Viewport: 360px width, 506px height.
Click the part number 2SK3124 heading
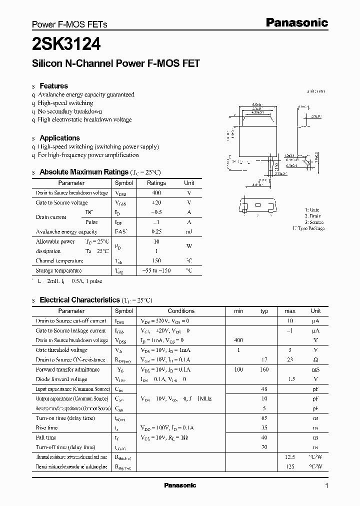click(66, 44)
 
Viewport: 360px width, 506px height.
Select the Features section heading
click(53, 85)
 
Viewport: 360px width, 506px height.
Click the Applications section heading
click(59, 138)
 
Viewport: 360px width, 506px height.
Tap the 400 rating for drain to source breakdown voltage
click(156, 193)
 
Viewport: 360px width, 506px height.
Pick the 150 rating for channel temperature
click(156, 261)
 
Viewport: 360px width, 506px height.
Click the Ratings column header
click(156, 183)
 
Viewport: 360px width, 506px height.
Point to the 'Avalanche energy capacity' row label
click(66, 232)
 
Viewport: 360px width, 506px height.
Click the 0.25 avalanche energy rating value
click(156, 232)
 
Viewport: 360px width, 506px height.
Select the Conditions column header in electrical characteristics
click(181, 311)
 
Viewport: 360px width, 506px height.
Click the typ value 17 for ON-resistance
click(264, 360)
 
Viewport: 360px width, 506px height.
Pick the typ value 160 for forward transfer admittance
click(264, 369)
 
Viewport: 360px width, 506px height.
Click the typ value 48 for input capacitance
click(264, 389)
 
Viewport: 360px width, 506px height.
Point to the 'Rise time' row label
click(46, 428)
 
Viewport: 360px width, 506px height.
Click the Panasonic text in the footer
click(180, 485)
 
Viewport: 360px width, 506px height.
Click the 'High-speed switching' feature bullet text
click(65, 103)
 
